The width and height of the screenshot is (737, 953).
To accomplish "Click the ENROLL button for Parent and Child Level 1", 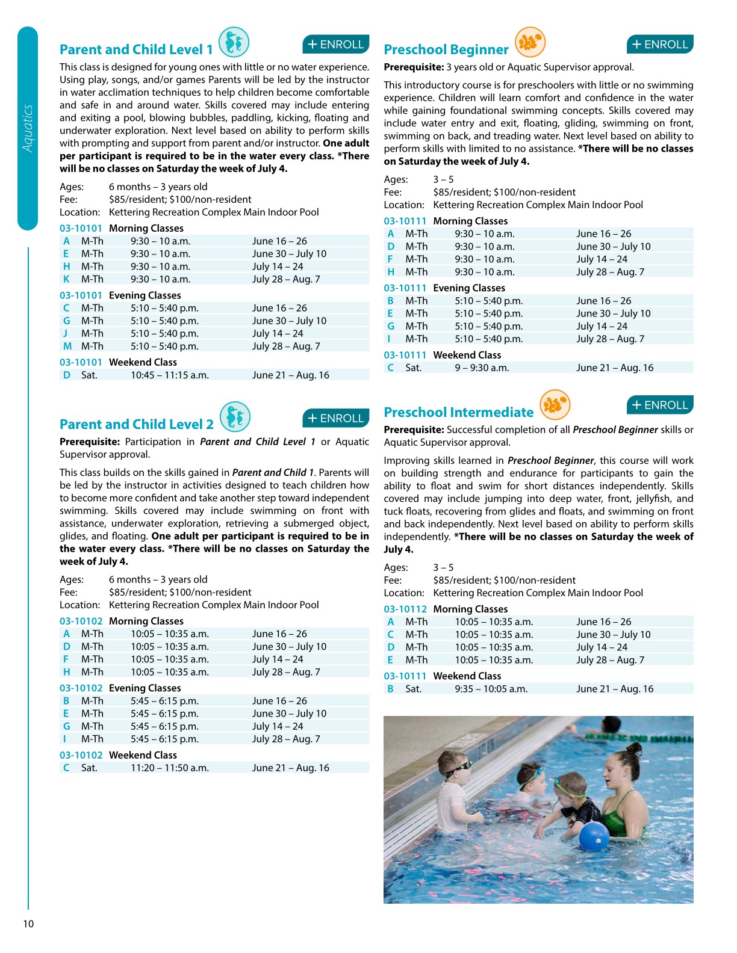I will [x=335, y=45].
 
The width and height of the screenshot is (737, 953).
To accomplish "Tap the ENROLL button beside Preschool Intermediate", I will [x=660, y=405].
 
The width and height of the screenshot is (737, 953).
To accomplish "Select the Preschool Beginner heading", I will [x=446, y=49].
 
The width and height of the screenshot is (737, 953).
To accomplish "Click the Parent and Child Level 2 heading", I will [x=137, y=424].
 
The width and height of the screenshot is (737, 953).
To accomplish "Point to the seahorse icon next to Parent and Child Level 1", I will [x=234, y=43].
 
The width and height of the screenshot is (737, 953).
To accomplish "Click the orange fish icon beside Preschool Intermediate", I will [x=555, y=404].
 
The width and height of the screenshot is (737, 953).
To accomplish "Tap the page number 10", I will [x=28, y=924].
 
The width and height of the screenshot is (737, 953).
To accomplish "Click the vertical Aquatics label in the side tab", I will [x=28, y=128].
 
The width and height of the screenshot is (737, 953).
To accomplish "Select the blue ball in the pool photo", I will [x=594, y=836].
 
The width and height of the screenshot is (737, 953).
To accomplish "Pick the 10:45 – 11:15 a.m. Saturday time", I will [x=170, y=375].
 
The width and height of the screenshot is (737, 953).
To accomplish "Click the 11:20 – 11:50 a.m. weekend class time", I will [x=170, y=768].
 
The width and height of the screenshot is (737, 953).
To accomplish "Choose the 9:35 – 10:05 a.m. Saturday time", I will [x=491, y=689].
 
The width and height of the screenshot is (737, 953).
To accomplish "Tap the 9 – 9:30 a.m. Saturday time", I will [x=482, y=368].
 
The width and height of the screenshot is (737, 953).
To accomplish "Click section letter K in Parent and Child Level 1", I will [x=66, y=279].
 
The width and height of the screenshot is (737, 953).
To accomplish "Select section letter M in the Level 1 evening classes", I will [x=67, y=346].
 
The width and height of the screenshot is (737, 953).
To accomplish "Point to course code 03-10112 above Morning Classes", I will [x=405, y=609].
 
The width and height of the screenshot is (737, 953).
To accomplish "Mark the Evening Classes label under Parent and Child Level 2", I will [x=145, y=688].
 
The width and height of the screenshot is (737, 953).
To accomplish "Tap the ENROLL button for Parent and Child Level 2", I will [x=335, y=418].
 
